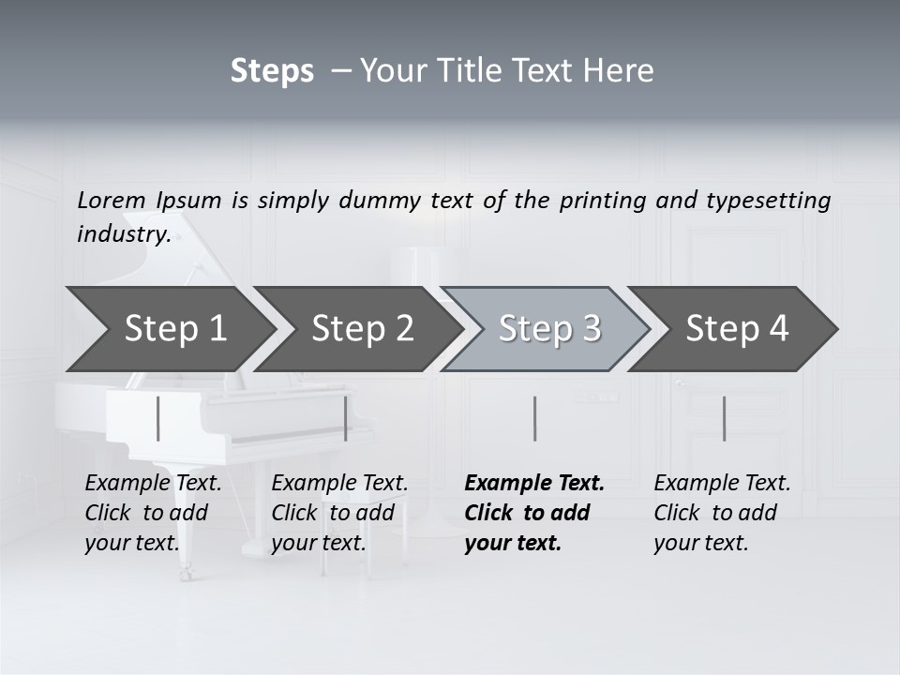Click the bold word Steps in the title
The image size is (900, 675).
pos(272,71)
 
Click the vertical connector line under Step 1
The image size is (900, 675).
pos(158,418)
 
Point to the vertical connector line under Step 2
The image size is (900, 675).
pos(346,418)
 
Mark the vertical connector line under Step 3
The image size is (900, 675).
pos(534,418)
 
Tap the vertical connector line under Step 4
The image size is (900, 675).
pos(724,418)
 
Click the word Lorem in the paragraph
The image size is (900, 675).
pos(112,200)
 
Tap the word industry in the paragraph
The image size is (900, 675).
pos(124,234)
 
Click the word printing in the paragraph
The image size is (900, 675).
pos(601,201)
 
